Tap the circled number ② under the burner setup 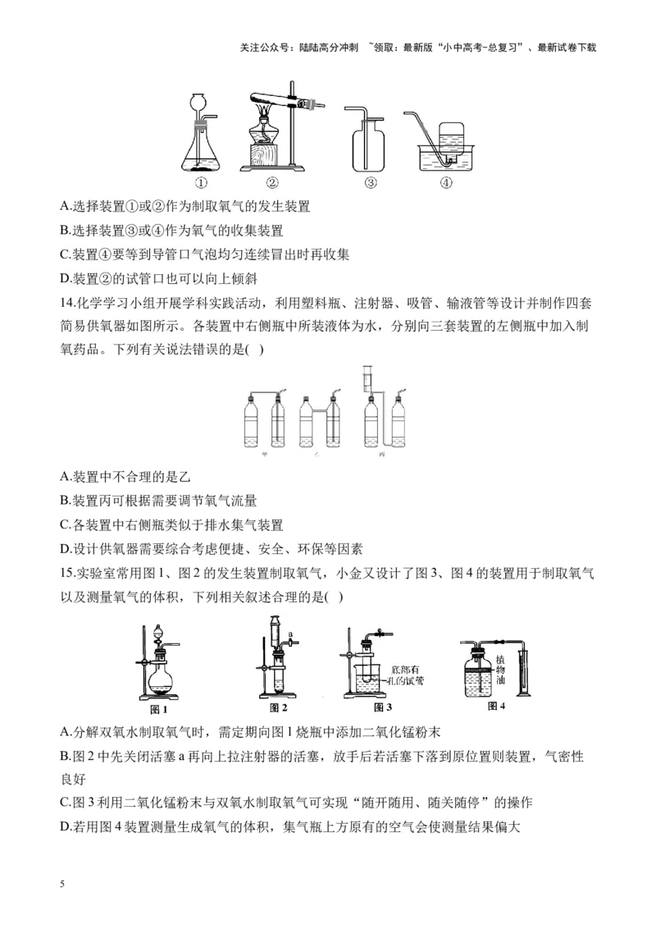tap(273, 183)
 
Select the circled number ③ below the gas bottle tap(371, 183)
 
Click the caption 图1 tap(158, 708)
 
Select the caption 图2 tap(279, 707)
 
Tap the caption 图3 tap(382, 707)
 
